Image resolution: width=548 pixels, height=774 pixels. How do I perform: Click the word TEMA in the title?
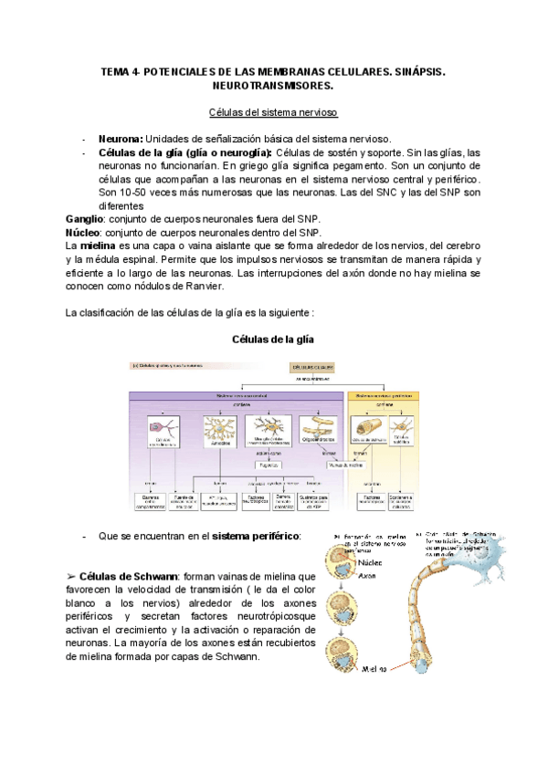pos(116,70)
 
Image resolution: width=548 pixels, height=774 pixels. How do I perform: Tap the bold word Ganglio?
pos(85,220)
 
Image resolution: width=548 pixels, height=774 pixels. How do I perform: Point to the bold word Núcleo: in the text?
pos(83,234)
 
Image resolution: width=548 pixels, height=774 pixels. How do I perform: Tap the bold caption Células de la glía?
pos(274,339)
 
